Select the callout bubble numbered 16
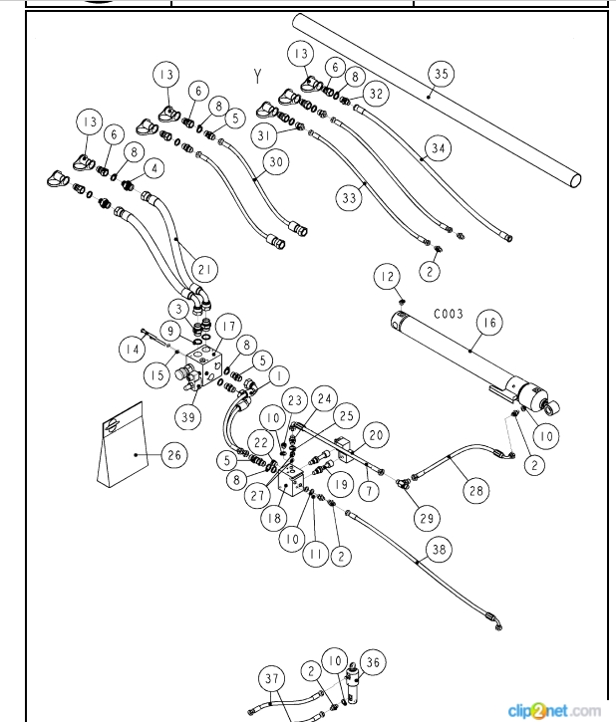tap(488, 322)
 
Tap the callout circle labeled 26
tap(174, 456)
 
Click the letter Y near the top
tap(257, 74)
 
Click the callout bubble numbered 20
tap(376, 435)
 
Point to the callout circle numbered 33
tap(349, 199)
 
